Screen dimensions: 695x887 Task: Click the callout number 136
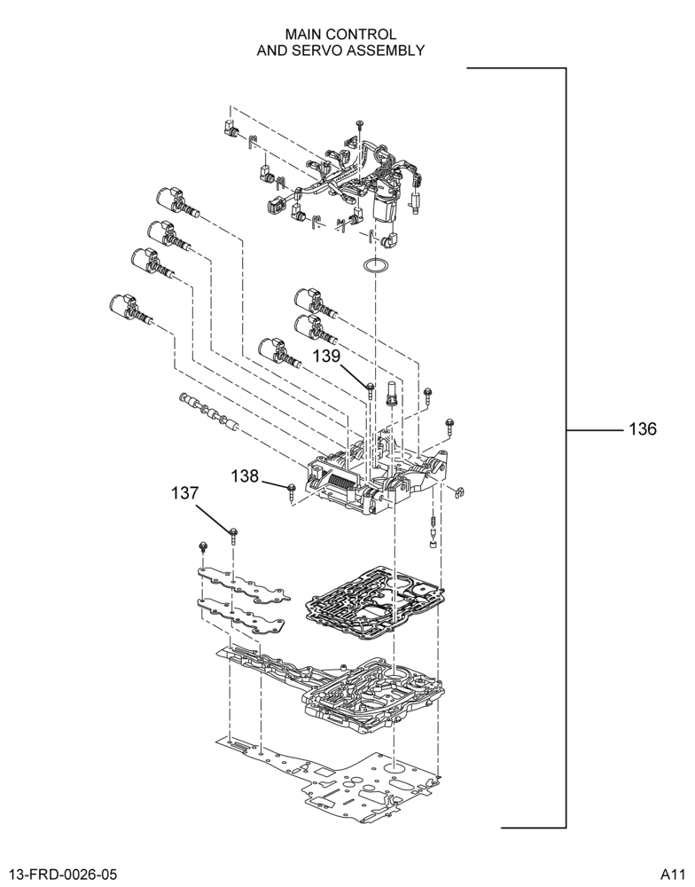click(x=643, y=429)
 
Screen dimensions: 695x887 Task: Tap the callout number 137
click(x=185, y=493)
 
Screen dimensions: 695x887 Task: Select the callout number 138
click(x=245, y=476)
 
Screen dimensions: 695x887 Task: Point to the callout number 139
click(x=327, y=356)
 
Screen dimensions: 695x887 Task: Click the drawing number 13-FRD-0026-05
click(x=63, y=875)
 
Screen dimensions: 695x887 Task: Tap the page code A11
click(x=675, y=875)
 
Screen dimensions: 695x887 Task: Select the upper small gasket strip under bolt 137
click(x=244, y=585)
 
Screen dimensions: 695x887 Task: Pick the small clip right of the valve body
click(x=459, y=492)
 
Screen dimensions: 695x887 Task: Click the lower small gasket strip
click(x=241, y=617)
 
